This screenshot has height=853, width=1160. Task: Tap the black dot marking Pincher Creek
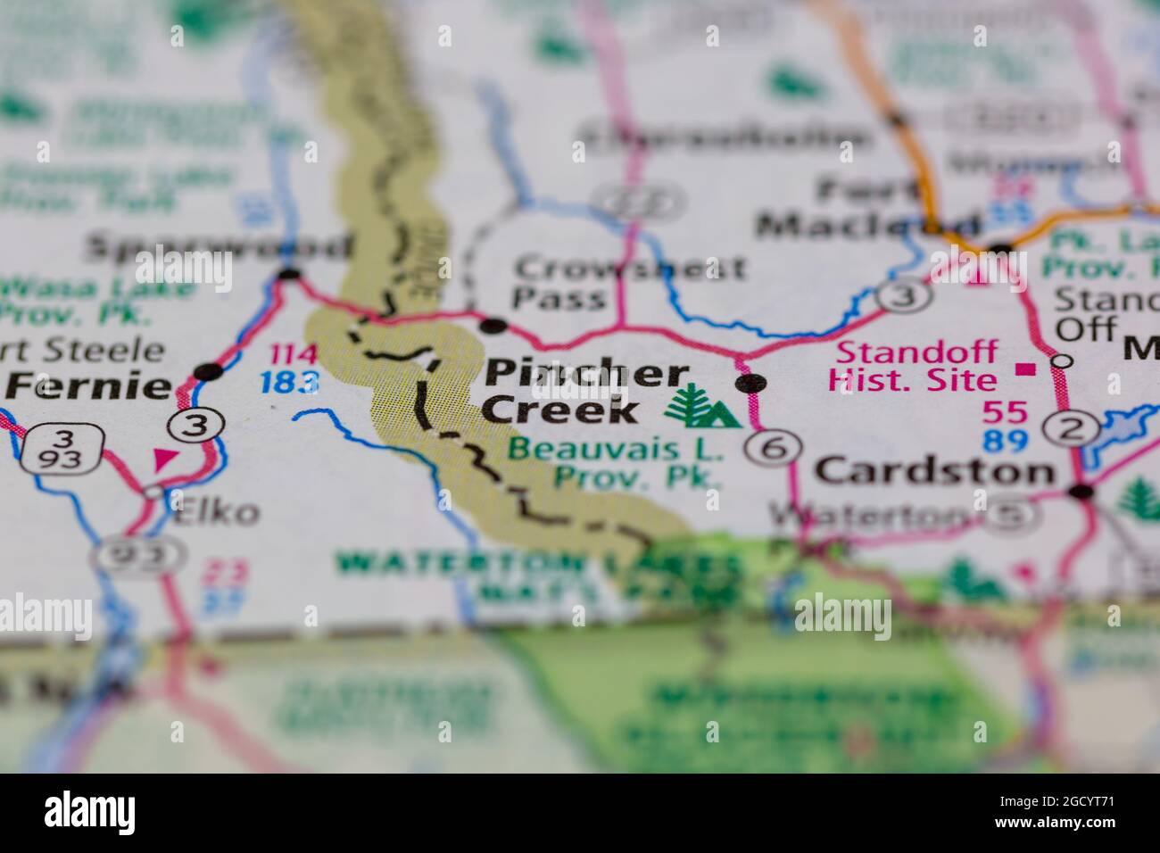click(750, 384)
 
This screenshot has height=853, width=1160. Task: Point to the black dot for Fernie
click(209, 371)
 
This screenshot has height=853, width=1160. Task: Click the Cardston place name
click(935, 471)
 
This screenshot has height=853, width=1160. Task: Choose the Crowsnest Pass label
click(629, 282)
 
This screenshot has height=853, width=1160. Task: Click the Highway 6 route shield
click(771, 448)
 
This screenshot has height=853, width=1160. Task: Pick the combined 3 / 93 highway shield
click(62, 450)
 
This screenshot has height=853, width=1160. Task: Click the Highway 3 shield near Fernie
click(196, 426)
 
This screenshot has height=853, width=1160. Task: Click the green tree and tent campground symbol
click(702, 408)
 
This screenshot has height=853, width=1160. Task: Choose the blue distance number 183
click(290, 382)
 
